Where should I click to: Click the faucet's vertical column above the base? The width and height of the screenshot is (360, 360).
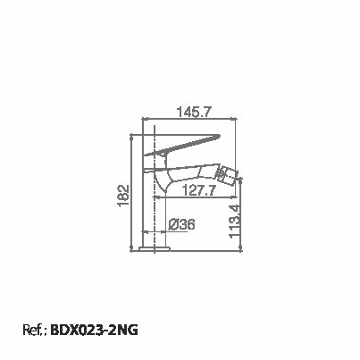[158, 214]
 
